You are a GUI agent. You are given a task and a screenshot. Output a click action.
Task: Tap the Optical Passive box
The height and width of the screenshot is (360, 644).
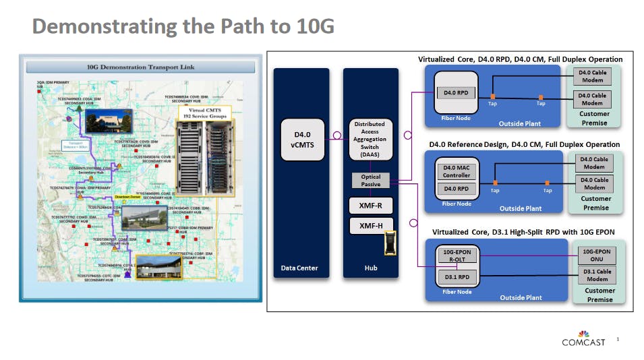(370, 180)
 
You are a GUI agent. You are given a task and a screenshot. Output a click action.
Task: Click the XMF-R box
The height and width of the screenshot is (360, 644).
(370, 204)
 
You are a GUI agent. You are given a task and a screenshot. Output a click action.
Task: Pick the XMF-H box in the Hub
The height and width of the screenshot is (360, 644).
(370, 227)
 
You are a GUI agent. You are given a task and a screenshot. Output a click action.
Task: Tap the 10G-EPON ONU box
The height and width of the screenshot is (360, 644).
(595, 256)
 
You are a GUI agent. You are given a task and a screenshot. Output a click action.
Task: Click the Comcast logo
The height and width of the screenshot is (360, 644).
(584, 338)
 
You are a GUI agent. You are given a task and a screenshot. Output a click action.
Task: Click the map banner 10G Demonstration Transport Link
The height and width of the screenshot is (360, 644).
(140, 67)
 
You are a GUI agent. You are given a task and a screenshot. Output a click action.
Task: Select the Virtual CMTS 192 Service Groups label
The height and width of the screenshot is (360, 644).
(204, 112)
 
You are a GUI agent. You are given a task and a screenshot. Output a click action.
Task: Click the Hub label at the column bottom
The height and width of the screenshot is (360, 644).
(370, 268)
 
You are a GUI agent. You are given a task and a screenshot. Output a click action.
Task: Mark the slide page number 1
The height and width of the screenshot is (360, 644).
(617, 340)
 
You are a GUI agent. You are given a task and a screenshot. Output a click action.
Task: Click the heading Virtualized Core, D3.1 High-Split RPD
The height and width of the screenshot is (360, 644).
(523, 233)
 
